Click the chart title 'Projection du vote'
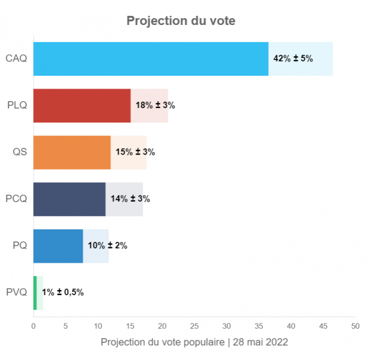pyautogui.click(x=181, y=21)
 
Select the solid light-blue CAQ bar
pyautogui.click(x=150, y=59)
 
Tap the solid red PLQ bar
pyautogui.click(x=82, y=106)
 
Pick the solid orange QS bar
pyautogui.click(x=72, y=152)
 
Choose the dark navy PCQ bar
pyautogui.click(x=69, y=199)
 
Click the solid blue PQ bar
pyautogui.click(x=58, y=246)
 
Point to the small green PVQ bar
pyautogui.click(x=35, y=293)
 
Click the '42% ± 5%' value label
pyautogui.click(x=293, y=59)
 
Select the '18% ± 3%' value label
pyautogui.click(x=155, y=106)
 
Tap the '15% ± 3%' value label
pyautogui.click(x=135, y=152)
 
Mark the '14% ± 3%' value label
pyautogui.click(x=130, y=199)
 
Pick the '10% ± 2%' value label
pyautogui.click(x=107, y=246)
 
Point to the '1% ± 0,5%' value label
pyautogui.click(x=63, y=292)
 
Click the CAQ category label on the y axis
pyautogui.click(x=17, y=59)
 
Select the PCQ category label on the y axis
pyautogui.click(x=17, y=199)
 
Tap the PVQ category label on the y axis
pyautogui.click(x=17, y=293)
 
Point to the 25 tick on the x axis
pyautogui.click(x=194, y=326)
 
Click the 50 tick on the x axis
pyautogui.click(x=355, y=326)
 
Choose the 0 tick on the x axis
pyautogui.click(x=34, y=326)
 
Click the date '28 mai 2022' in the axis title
pyautogui.click(x=260, y=342)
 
